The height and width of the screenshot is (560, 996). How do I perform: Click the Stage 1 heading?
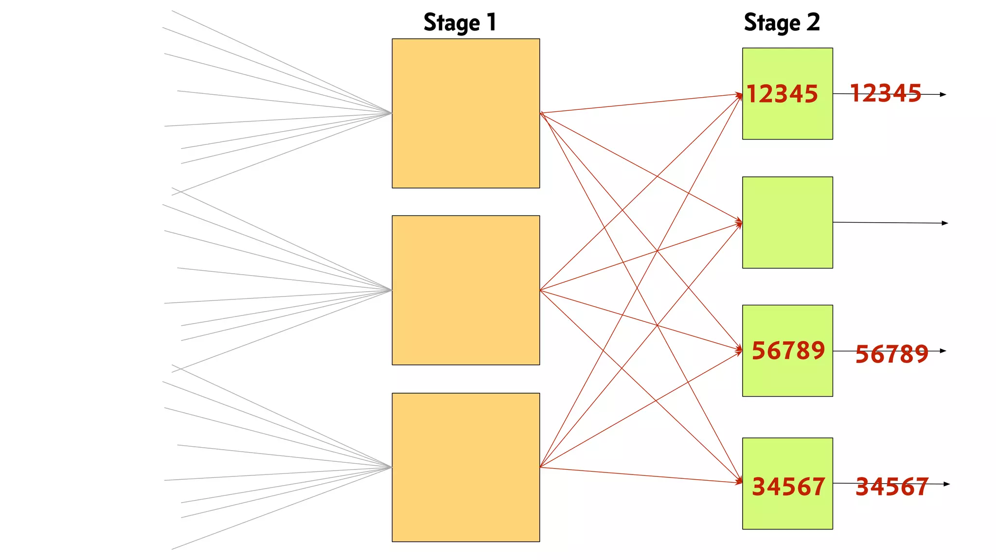click(460, 23)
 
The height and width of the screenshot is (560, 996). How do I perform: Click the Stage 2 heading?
click(782, 23)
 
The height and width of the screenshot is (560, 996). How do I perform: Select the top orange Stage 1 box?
click(465, 113)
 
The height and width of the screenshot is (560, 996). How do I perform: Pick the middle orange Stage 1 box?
click(465, 290)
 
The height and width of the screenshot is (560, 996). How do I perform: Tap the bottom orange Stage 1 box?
click(465, 467)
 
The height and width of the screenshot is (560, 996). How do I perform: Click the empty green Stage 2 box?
click(787, 223)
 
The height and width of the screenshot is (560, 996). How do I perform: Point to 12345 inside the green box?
click(782, 94)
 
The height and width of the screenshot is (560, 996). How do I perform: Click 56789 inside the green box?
click(788, 350)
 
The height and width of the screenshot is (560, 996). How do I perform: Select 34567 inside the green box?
click(788, 487)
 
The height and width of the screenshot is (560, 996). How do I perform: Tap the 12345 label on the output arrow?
click(885, 93)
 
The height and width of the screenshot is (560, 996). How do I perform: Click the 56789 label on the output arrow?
click(891, 354)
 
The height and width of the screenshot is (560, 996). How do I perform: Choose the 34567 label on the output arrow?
click(891, 487)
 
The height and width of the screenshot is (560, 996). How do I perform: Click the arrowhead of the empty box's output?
click(945, 223)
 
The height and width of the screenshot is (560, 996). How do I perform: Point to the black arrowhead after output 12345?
click(943, 94)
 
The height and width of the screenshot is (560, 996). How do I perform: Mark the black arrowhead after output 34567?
click(946, 484)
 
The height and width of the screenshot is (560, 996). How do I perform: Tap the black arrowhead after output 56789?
click(943, 350)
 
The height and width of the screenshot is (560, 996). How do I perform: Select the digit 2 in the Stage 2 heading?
click(813, 22)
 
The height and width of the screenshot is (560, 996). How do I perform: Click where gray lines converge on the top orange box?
click(391, 113)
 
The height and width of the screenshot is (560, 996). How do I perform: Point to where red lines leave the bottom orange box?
click(540, 467)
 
